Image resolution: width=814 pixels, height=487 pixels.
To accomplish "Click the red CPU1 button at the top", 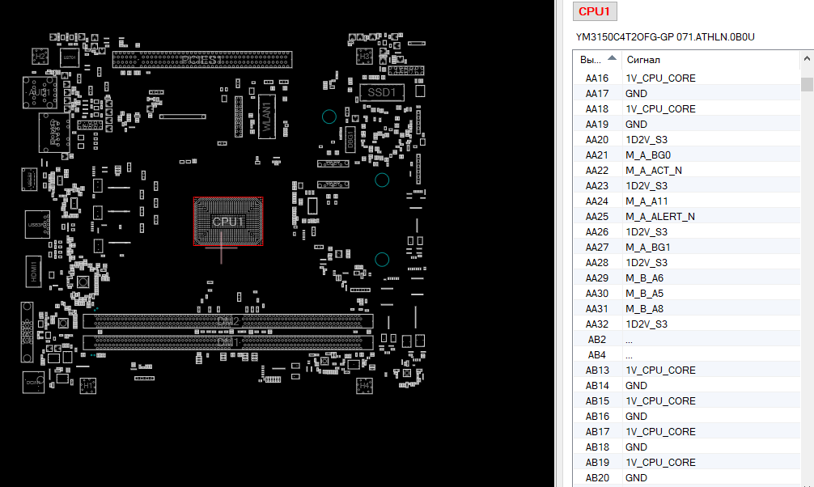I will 596,11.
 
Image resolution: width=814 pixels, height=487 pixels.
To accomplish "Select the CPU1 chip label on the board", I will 228,222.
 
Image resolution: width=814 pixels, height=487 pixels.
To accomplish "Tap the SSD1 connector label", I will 382,93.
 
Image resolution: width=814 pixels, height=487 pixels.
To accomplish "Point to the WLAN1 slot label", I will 266,116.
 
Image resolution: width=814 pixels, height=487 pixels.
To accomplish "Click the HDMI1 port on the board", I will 35,269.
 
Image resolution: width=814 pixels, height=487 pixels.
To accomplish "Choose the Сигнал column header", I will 643,60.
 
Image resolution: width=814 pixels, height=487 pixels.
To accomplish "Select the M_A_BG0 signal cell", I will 648,155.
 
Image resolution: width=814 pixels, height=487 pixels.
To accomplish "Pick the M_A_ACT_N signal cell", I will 654,171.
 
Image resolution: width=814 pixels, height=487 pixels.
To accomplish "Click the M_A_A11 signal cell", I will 647,201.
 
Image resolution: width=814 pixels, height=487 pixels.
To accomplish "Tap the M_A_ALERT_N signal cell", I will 660,217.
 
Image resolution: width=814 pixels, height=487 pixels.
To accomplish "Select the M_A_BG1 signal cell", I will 648,248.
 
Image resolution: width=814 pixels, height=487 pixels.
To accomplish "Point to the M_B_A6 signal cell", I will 644,278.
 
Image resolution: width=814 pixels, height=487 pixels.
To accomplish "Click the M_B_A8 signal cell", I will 644,309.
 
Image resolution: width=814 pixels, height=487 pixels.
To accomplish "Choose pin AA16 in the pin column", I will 597,78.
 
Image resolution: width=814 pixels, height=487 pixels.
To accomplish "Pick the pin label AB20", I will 597,478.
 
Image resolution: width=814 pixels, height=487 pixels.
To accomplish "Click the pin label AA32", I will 597,324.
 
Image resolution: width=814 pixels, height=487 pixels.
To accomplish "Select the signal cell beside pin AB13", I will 660,371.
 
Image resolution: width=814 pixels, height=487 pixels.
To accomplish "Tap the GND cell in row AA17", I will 636,94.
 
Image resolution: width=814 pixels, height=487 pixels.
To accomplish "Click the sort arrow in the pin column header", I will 612,58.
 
